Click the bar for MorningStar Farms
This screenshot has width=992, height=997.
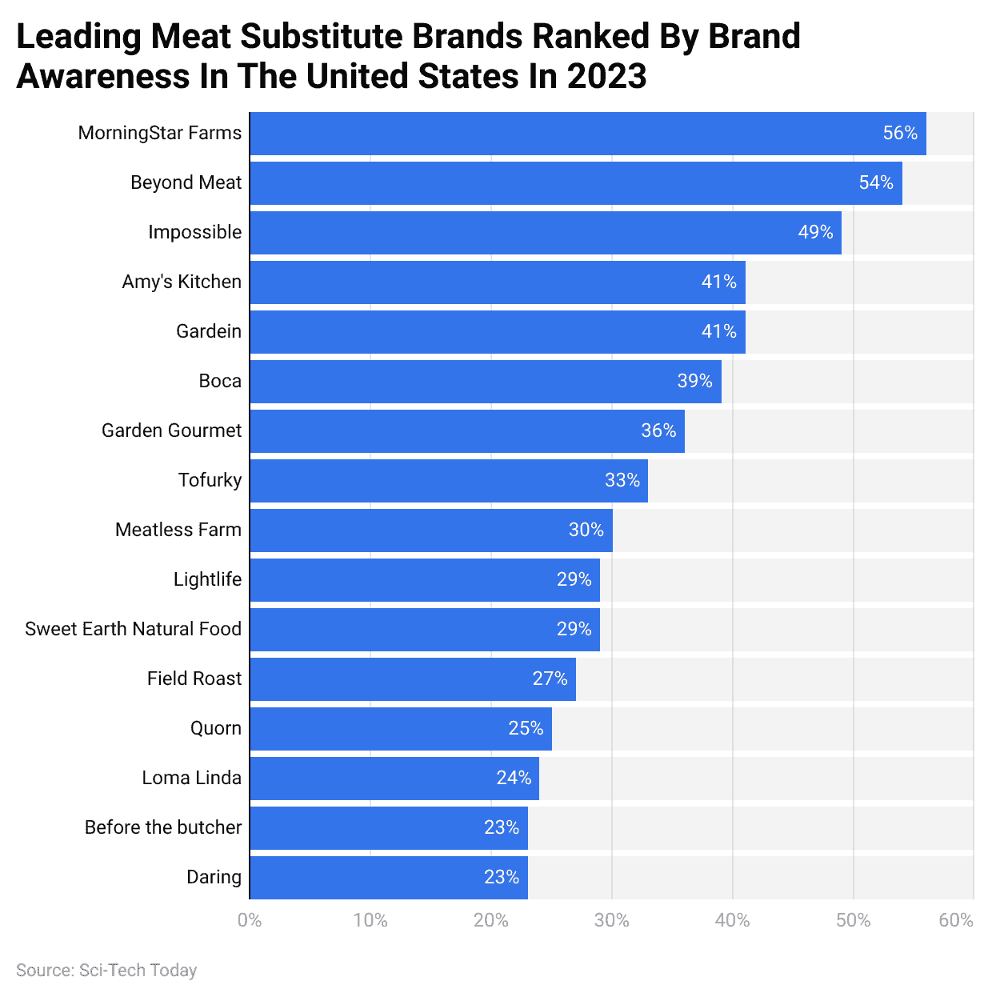[588, 134]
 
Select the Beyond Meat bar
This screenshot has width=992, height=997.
[576, 183]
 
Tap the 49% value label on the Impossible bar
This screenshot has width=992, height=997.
[815, 233]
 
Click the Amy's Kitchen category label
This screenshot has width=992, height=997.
[182, 282]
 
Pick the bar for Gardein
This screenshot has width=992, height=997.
[498, 332]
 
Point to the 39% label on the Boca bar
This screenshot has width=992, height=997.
[694, 382]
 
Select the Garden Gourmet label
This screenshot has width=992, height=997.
[171, 430]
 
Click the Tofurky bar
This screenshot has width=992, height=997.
[449, 481]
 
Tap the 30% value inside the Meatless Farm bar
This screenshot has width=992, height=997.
[586, 531]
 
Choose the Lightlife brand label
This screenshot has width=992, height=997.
[207, 579]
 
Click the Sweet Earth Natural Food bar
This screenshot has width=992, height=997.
[425, 630]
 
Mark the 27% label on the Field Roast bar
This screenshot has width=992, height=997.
[550, 679]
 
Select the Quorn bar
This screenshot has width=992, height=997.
[401, 729]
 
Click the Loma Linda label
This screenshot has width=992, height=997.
[191, 778]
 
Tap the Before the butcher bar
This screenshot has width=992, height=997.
[389, 828]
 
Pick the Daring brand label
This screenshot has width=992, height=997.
[214, 877]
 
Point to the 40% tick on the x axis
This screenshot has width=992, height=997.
[732, 920]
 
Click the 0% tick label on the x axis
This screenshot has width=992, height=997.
[250, 920]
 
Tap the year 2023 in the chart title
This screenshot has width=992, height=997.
[606, 77]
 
